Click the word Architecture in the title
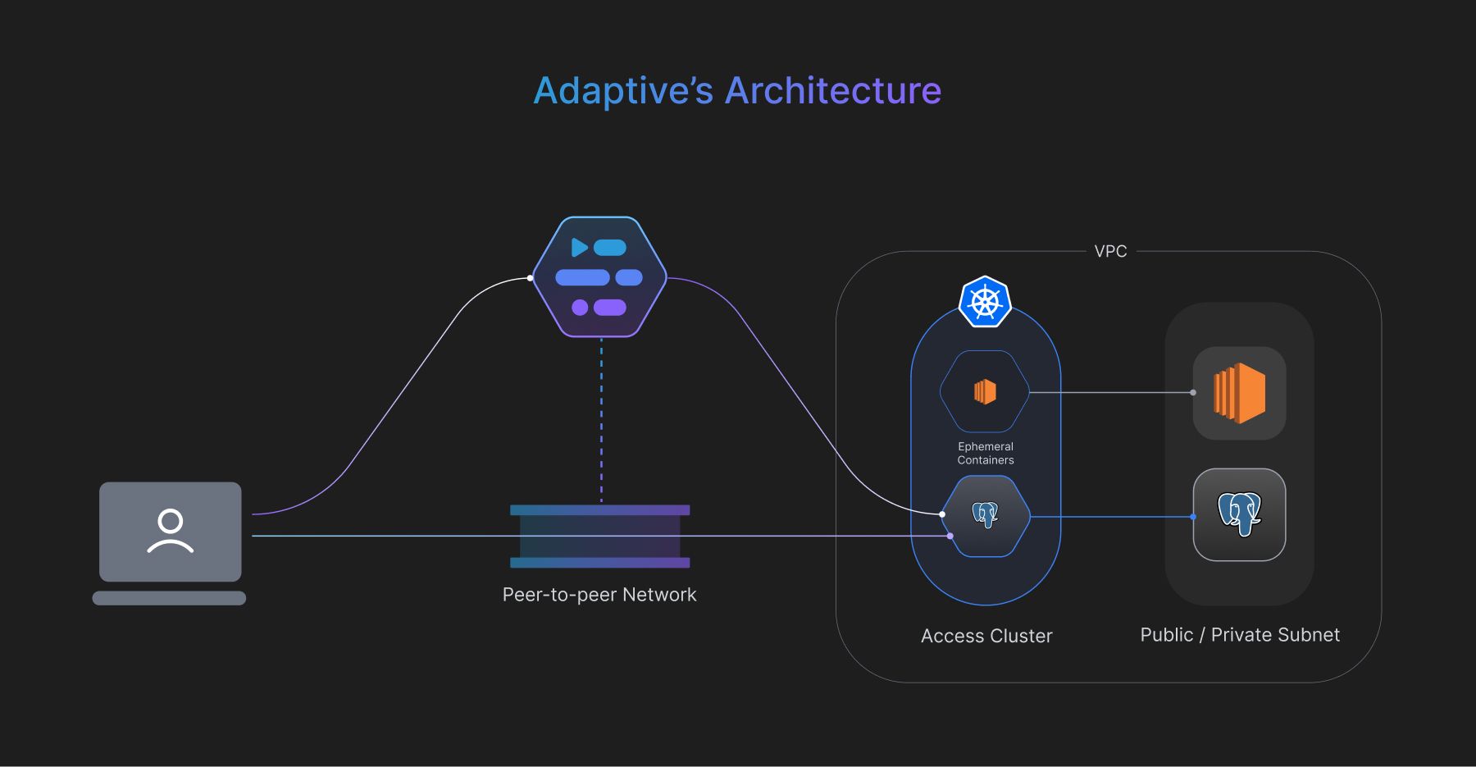tap(833, 91)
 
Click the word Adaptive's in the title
tap(623, 91)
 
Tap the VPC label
tap(1110, 252)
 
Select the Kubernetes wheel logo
tap(985, 302)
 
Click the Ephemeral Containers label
tap(986, 454)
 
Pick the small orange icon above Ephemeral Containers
tap(985, 392)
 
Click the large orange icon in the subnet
tap(1239, 393)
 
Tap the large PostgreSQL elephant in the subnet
tap(1239, 514)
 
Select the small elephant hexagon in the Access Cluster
tap(985, 516)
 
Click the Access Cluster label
tap(986, 636)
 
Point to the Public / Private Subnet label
tap(1240, 635)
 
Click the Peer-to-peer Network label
tap(599, 595)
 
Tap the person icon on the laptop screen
tap(171, 532)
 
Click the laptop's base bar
tap(169, 598)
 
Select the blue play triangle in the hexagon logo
tap(579, 247)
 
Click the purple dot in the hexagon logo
tap(580, 308)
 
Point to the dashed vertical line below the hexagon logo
tap(601, 418)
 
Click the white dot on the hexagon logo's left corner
tap(531, 278)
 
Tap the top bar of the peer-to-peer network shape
tap(599, 510)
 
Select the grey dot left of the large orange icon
tap(1193, 393)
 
